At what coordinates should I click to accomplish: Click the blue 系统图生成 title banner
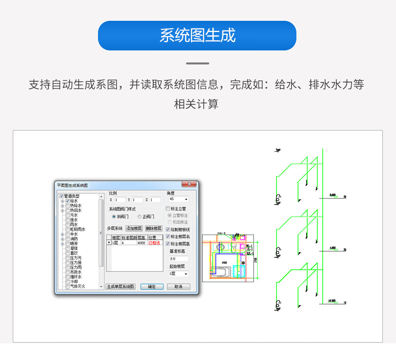[x=197, y=36]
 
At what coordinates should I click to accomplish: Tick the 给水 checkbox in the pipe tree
[x=68, y=201]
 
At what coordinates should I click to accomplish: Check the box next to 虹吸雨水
[x=68, y=230]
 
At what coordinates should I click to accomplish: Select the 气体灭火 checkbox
[x=68, y=287]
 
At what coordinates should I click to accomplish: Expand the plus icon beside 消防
[x=62, y=239]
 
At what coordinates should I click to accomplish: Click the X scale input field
[x=120, y=200]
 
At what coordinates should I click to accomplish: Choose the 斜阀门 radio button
[x=114, y=217]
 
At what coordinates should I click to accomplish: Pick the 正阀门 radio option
[x=139, y=217]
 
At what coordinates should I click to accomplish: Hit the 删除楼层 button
[x=154, y=229]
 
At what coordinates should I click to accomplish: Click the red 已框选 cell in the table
[x=155, y=243]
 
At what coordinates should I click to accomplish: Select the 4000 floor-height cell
[x=142, y=243]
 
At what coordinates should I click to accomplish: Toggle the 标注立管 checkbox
[x=168, y=209]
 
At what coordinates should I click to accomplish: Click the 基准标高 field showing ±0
[x=178, y=259]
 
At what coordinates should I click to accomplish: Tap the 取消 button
[x=178, y=287]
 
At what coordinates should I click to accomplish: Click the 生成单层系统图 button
[x=121, y=287]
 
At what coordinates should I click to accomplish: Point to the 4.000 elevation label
[x=332, y=248]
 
